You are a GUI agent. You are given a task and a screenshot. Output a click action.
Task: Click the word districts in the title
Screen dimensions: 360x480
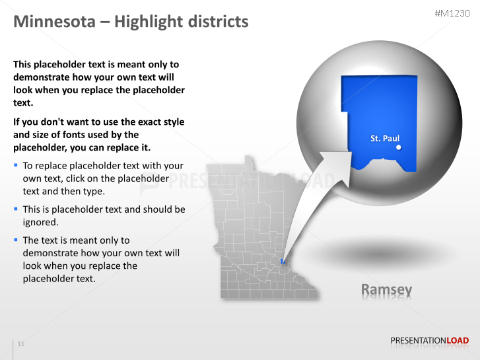(213, 22)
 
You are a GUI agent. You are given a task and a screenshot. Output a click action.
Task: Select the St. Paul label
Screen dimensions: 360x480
(384, 139)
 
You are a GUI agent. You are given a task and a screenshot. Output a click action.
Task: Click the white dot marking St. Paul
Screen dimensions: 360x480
(398, 148)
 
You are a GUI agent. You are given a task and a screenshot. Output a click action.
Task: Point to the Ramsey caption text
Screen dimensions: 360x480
(386, 289)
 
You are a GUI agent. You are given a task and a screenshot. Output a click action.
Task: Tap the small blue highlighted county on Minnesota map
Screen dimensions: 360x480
(283, 262)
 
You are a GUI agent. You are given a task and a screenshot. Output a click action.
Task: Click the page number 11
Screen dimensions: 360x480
(21, 344)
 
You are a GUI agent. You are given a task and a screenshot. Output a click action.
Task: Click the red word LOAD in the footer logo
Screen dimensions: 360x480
(458, 341)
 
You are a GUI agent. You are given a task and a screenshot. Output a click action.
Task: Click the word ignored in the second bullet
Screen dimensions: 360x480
(40, 222)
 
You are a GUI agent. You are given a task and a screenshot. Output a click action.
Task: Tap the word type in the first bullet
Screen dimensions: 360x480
(93, 192)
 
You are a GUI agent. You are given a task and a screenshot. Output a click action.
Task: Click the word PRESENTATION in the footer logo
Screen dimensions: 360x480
(419, 341)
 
